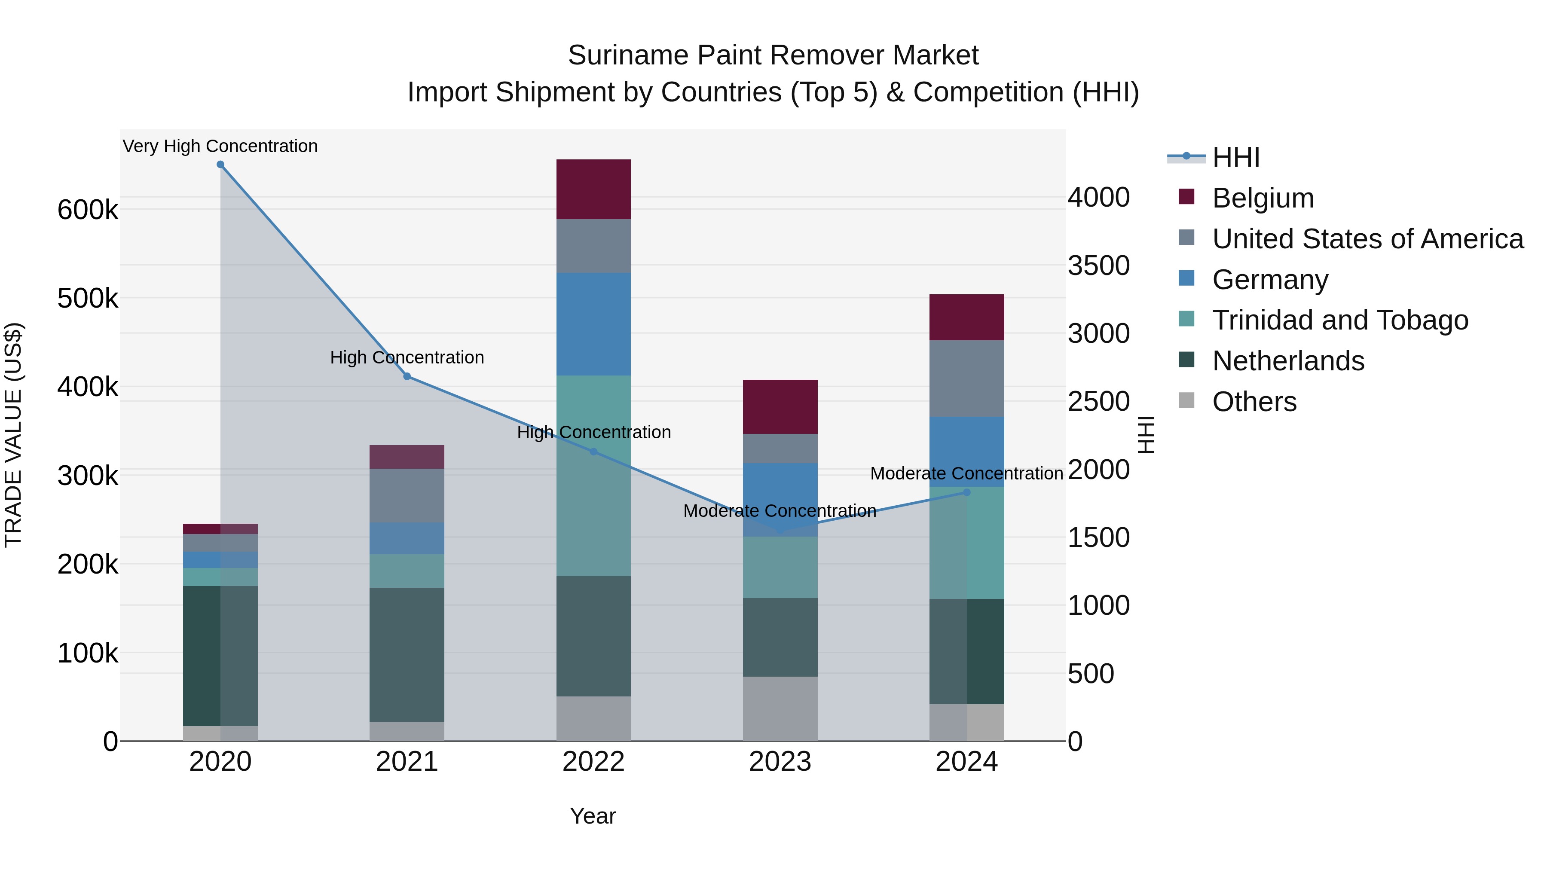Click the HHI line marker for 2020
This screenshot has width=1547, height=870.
click(220, 165)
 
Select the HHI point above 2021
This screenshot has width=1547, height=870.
click(407, 376)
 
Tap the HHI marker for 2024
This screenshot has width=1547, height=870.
click(967, 492)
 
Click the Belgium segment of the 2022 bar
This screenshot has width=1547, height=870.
click(593, 189)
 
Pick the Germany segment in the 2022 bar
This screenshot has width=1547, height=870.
click(593, 324)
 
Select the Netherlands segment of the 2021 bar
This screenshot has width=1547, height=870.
click(407, 654)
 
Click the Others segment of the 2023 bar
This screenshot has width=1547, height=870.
click(780, 708)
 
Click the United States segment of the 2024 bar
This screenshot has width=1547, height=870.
click(967, 378)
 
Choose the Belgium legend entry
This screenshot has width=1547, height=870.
click(1263, 198)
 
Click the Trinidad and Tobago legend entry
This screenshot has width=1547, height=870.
click(1340, 320)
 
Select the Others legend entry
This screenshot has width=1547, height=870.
click(1254, 402)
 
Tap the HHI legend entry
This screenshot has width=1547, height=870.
click(1235, 157)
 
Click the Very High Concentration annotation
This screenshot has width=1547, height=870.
click(220, 146)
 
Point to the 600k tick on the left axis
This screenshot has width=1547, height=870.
click(88, 210)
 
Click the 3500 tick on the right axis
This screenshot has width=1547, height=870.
click(1098, 266)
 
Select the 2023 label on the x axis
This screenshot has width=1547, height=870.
click(780, 762)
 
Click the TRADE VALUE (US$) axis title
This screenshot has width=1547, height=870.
click(13, 435)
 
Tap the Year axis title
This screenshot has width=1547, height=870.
click(593, 816)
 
